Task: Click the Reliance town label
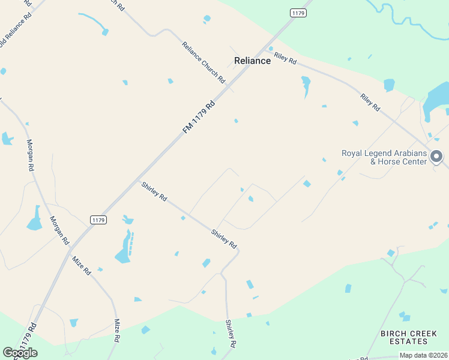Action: (x=252, y=61)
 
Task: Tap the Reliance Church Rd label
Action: (x=203, y=62)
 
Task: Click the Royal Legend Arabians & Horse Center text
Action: (x=384, y=157)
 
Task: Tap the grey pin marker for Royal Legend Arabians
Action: (x=436, y=157)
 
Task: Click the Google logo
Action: (x=20, y=352)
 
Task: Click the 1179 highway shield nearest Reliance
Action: (x=298, y=13)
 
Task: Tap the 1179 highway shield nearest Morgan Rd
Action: (x=99, y=220)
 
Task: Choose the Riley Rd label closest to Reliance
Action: (x=285, y=58)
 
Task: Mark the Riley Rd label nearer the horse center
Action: (x=370, y=102)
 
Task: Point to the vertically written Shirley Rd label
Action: (x=231, y=334)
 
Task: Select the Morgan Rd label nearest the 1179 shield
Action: (x=59, y=230)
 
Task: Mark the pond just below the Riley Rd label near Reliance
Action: (x=306, y=85)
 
